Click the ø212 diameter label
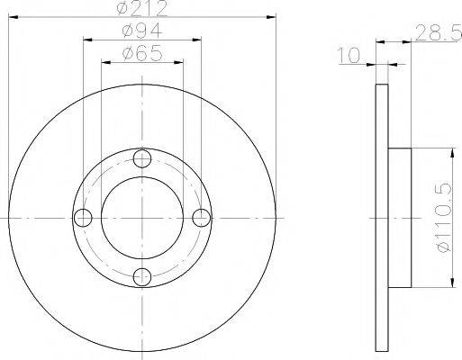pyautogui.click(x=141, y=8)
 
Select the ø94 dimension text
pyautogui.click(x=142, y=31)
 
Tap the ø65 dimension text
pyautogui.click(x=142, y=53)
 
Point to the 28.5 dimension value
pyautogui.click(x=439, y=33)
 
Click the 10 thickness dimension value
pyautogui.click(x=349, y=56)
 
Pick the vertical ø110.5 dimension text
pyautogui.click(x=444, y=218)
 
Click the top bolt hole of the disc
pyautogui.click(x=142, y=158)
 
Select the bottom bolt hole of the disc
pyautogui.click(x=142, y=277)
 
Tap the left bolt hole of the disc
pyautogui.click(x=83, y=218)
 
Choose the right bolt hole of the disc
pyautogui.click(x=202, y=218)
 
